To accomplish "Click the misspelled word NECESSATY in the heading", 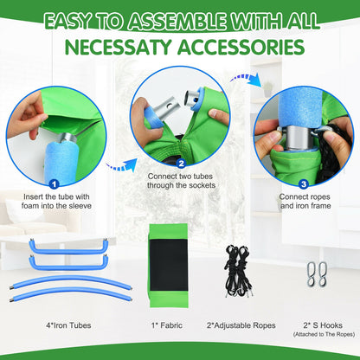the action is (x=119, y=47).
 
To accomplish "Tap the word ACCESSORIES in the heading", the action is (x=241, y=47).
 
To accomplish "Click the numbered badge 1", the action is (x=55, y=184).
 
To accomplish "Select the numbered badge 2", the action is (x=181, y=164).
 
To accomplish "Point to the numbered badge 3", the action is (x=304, y=184).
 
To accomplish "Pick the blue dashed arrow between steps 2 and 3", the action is (x=246, y=79).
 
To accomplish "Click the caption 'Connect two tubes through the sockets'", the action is (x=181, y=181).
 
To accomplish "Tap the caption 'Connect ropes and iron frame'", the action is (x=305, y=202).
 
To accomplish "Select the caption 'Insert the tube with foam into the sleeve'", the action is (x=56, y=202).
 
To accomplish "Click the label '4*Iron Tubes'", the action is (x=68, y=325).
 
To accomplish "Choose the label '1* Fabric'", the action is (x=167, y=325).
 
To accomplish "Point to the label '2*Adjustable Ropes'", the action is (x=241, y=325).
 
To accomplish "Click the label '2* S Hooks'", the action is (x=323, y=325).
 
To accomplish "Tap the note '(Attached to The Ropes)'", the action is (x=324, y=335).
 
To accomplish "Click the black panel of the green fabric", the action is (x=169, y=266).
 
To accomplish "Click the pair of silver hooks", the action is (x=317, y=273).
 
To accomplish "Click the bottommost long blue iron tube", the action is (x=71, y=292).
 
